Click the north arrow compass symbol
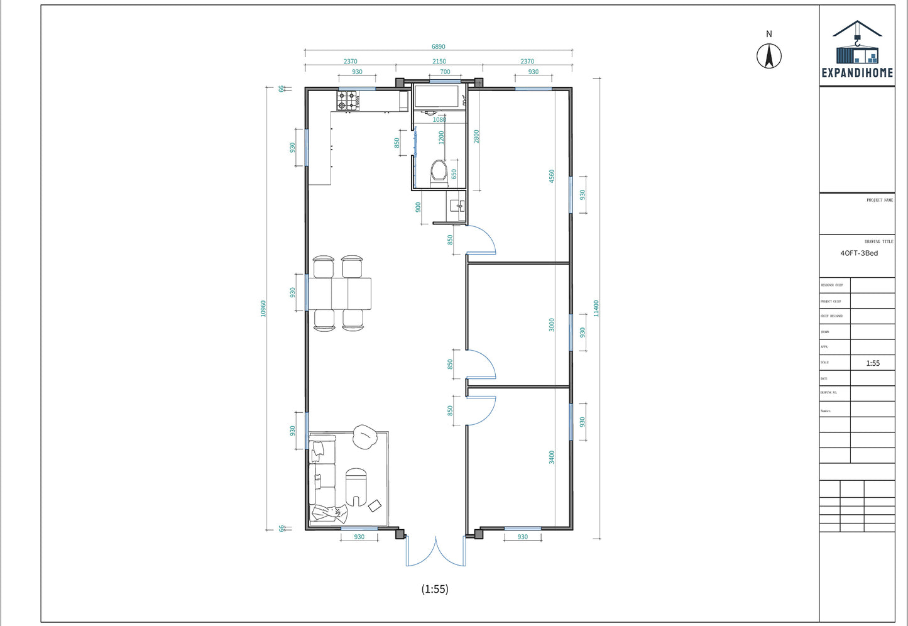coord(769,55)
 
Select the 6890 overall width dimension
coord(438,47)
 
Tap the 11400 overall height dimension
coord(596,308)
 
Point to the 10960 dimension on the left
coord(263,308)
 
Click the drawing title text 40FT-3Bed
coord(859,253)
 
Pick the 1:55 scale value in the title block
coord(873,363)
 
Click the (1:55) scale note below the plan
coord(435,589)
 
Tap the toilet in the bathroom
coord(439,171)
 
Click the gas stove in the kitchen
coord(347,101)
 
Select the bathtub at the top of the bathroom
coord(437,97)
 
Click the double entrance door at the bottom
coord(435,551)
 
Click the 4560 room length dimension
coord(552,176)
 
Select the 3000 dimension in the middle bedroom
coord(552,325)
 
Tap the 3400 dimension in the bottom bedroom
coord(552,457)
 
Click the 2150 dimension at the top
coord(439,62)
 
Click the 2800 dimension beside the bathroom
coord(476,136)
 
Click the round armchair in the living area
coord(364,437)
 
